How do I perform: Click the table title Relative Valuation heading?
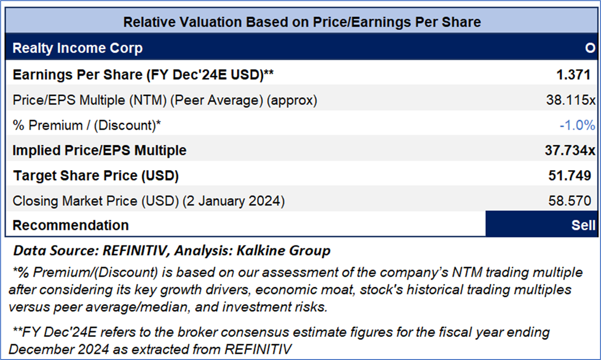302,22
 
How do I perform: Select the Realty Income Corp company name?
77,48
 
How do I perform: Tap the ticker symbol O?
589,48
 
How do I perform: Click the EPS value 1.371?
573,75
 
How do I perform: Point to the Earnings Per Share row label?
143,75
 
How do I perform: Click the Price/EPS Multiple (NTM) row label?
165,100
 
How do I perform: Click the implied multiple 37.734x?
570,150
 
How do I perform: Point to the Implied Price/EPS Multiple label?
100,150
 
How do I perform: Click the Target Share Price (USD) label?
95,176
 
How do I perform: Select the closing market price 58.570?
570,201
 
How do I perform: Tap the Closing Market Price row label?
148,201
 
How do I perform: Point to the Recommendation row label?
71,225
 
